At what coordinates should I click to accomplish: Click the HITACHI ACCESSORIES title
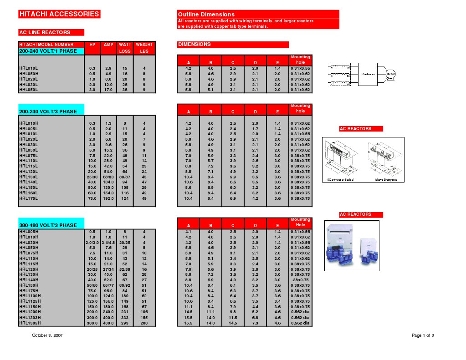pyautogui.click(x=59, y=14)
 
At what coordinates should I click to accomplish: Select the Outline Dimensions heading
pyautogui.click(x=206, y=15)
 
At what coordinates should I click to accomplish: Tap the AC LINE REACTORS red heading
pyautogui.click(x=45, y=32)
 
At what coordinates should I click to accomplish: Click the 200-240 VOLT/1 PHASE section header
pyautogui.click(x=48, y=51)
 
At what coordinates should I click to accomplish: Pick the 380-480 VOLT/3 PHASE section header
pyautogui.click(x=48, y=225)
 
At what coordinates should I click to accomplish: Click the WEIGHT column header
pyautogui.click(x=144, y=45)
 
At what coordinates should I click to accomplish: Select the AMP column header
pyautogui.click(x=108, y=45)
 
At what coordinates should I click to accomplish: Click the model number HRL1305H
pyautogui.click(x=30, y=323)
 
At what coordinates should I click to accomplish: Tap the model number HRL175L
pyautogui.click(x=28, y=198)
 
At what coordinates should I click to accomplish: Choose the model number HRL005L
pyautogui.click(x=28, y=128)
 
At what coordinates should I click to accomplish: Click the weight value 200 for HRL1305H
pyautogui.click(x=144, y=323)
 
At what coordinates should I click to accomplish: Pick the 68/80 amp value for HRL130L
pyautogui.click(x=108, y=177)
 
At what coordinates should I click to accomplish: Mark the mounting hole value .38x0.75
pyautogui.click(x=300, y=280)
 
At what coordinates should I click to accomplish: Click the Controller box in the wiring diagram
pyautogui.click(x=368, y=74)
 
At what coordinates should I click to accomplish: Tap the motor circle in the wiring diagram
pyautogui.click(x=390, y=74)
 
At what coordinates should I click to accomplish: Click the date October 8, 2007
pyautogui.click(x=47, y=335)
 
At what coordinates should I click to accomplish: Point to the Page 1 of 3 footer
pyautogui.click(x=422, y=335)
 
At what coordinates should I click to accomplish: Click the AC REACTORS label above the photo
pyautogui.click(x=355, y=214)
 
